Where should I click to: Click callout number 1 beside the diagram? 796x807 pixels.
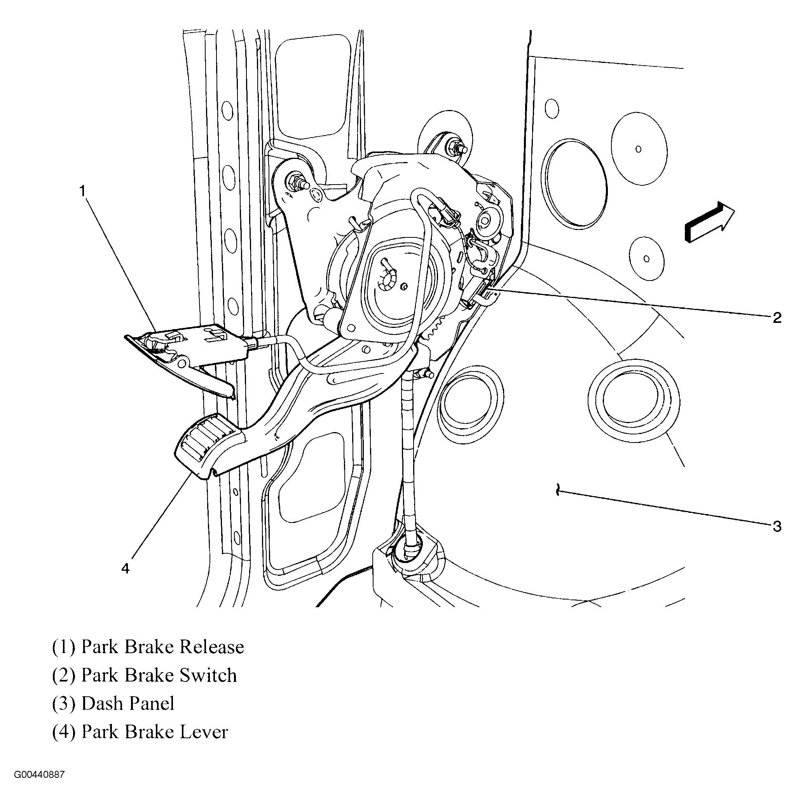(82, 191)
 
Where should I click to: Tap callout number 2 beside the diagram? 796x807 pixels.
(777, 318)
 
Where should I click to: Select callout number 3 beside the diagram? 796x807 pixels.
(777, 526)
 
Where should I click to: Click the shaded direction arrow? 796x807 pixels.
(709, 222)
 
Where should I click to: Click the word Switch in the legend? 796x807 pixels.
(208, 675)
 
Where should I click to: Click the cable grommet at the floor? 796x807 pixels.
(410, 551)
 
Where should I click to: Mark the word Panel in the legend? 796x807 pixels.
(151, 704)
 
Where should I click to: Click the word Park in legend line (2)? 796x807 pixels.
(99, 675)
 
